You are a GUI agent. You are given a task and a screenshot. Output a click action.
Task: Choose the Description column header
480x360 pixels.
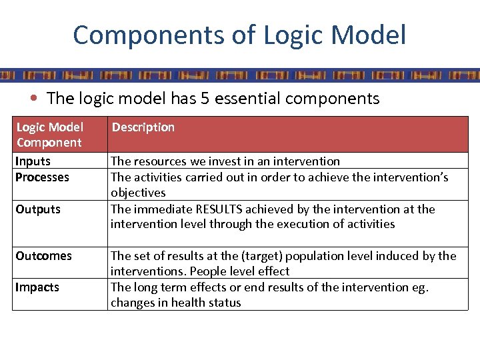point(143,127)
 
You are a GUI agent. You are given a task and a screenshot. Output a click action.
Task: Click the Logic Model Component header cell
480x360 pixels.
point(49,135)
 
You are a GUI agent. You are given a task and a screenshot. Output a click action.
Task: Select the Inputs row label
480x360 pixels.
point(33,161)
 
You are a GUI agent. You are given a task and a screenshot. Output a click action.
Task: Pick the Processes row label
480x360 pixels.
point(42,177)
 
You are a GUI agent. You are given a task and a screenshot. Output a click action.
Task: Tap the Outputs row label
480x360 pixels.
point(38,209)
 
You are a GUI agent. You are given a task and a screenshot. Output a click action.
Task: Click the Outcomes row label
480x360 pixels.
point(43,256)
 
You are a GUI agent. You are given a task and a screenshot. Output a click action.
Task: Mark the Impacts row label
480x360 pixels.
point(37,287)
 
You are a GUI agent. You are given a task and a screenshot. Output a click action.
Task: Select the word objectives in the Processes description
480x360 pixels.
point(138,193)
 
